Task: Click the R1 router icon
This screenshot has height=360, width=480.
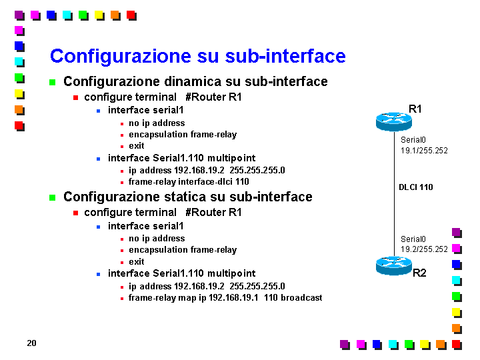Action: coord(394,122)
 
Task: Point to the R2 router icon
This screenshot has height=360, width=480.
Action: coord(394,266)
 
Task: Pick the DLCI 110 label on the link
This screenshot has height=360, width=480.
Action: coord(416,187)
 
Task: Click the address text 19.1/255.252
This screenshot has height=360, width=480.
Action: coord(424,151)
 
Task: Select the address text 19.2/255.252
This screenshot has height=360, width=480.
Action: coord(424,249)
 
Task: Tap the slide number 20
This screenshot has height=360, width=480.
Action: coord(31,343)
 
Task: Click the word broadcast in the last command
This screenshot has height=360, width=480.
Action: coord(301,297)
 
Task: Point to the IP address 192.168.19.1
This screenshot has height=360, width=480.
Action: coord(233,297)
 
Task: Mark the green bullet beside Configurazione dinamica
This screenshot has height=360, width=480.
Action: coord(53,83)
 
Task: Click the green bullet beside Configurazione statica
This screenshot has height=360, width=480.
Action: coord(53,198)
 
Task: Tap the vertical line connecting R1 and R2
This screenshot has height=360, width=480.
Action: coord(394,194)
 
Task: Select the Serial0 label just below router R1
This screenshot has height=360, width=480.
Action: coord(413,140)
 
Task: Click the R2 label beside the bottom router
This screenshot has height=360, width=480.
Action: coord(419,273)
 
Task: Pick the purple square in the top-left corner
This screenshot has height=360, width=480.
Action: coord(19,15)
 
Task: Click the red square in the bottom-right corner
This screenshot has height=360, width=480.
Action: coord(457,345)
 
